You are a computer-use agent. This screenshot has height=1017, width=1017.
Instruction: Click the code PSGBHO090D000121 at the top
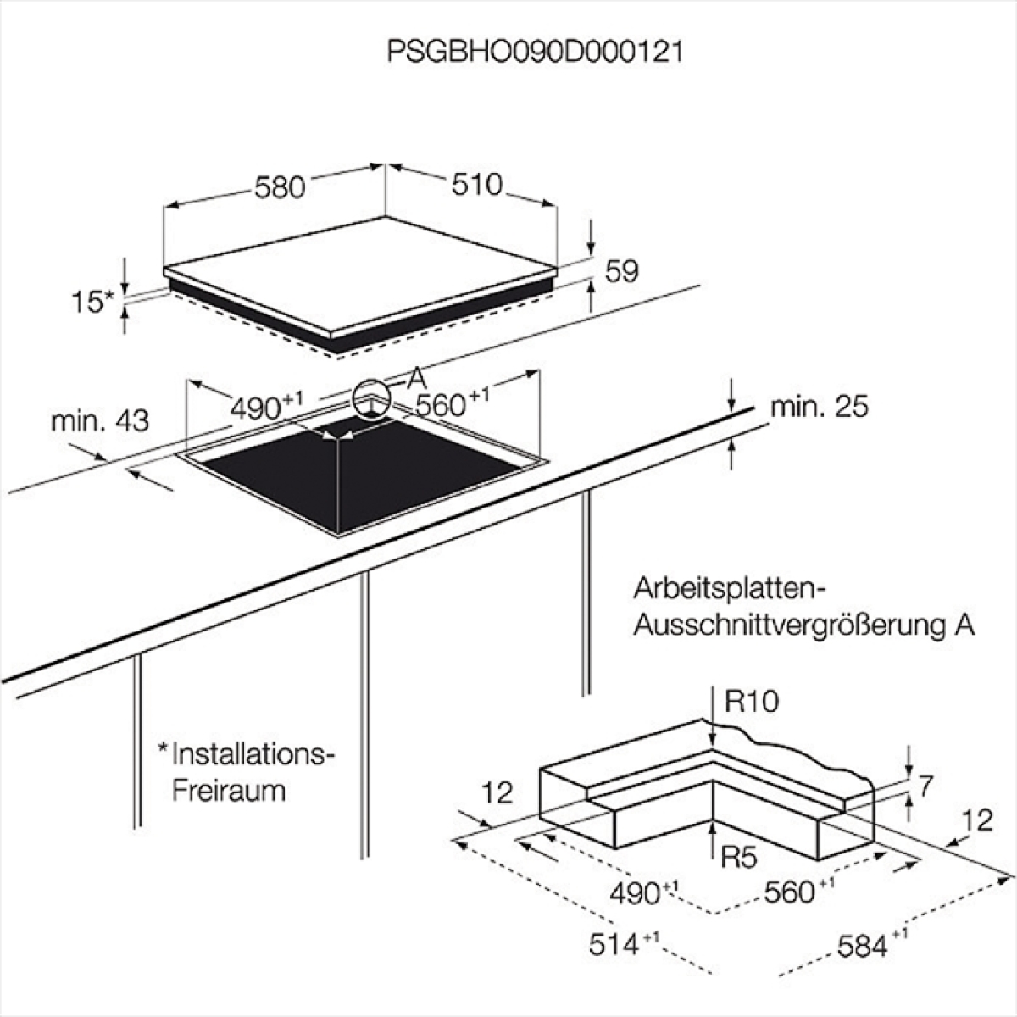(x=535, y=53)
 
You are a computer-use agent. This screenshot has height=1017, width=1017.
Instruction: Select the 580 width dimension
(x=280, y=186)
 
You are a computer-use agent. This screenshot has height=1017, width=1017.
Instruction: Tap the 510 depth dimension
(x=476, y=184)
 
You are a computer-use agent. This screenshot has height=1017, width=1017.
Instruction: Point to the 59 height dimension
(x=621, y=270)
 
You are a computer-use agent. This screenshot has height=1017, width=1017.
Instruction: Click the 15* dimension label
(x=93, y=302)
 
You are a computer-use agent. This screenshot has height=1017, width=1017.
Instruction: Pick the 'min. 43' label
(x=100, y=421)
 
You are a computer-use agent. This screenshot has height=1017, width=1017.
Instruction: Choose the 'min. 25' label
(x=820, y=408)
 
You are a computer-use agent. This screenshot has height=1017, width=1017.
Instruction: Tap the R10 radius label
(x=751, y=702)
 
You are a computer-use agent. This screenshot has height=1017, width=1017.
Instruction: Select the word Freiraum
(x=229, y=791)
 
